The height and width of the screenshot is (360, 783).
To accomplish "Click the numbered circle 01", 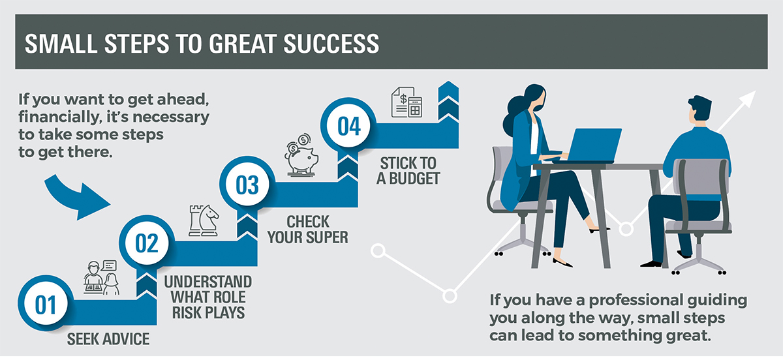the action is point(46,303).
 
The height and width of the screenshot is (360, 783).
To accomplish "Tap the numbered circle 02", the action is point(147,243).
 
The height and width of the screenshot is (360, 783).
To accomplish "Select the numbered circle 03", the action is point(247,184).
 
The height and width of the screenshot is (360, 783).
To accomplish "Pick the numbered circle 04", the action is point(348,125).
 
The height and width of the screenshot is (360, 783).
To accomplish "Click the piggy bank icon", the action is point(301,155).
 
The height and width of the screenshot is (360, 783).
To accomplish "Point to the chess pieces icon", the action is point(204,220).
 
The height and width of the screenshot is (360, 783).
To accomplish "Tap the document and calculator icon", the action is point(407,102).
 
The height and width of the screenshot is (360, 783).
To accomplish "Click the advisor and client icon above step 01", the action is point(101,278).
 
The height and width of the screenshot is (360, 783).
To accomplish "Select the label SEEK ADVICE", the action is point(108,339).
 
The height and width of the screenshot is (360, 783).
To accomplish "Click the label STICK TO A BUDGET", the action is point(408,171).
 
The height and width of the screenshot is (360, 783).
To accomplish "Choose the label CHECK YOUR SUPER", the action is point(307,230).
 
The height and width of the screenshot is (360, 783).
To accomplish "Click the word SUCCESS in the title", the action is point(331,44).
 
